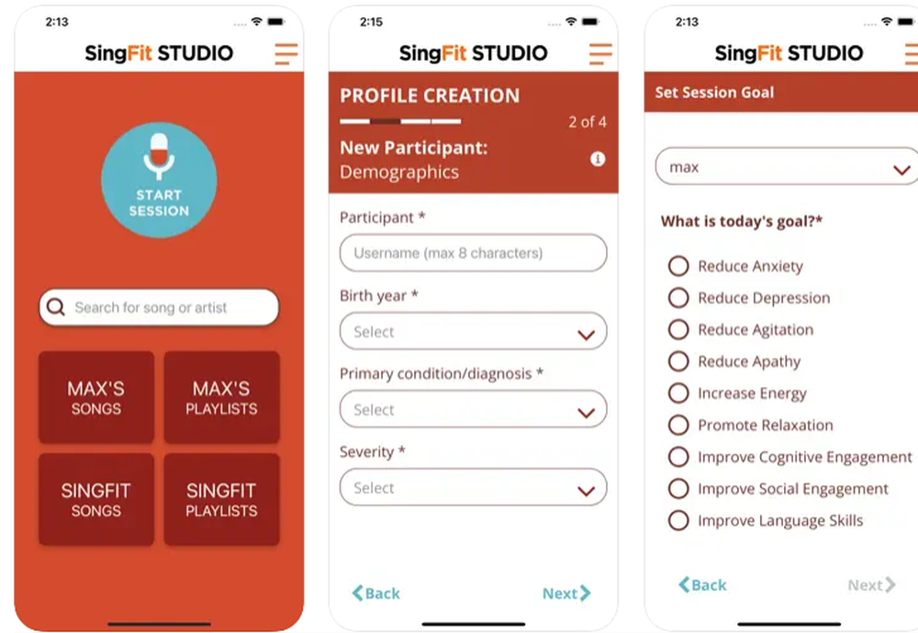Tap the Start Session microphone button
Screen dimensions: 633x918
159,180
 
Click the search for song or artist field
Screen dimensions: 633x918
159,307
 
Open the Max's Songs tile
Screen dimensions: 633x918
96,397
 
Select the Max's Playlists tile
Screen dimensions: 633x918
221,397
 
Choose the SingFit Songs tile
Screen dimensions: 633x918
96,499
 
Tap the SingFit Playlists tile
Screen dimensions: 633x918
221,499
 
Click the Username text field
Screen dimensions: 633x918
473,253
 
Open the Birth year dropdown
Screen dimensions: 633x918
473,331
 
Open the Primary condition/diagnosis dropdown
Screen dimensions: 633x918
473,410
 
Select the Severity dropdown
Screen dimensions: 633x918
473,488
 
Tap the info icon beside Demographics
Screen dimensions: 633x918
598,159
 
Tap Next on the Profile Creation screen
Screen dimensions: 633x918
565,594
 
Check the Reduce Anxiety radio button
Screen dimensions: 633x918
678,266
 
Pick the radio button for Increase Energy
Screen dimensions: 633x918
678,394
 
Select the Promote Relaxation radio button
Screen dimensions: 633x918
678,425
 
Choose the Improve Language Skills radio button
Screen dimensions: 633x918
678,520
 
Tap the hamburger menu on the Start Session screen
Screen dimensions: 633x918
286,53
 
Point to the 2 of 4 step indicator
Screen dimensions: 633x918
588,121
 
